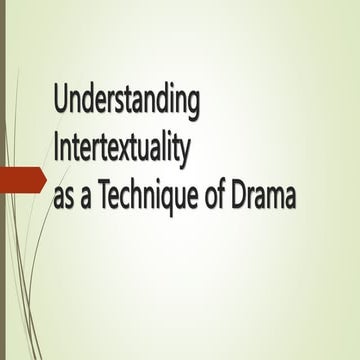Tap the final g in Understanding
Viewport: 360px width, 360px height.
pos(194,107)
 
